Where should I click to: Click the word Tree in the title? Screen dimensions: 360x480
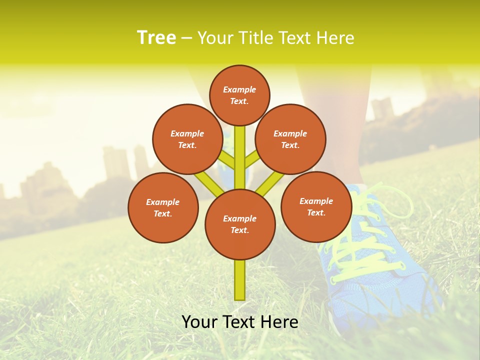[x=156, y=37]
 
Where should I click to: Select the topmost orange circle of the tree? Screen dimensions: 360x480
[x=239, y=95]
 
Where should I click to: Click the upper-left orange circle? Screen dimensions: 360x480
[x=187, y=139]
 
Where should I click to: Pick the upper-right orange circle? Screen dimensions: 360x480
[x=290, y=139]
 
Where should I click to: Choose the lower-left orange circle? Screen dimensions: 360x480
[x=163, y=207]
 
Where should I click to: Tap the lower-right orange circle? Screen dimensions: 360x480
[x=316, y=206]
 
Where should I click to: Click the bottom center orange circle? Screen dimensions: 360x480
[x=240, y=224]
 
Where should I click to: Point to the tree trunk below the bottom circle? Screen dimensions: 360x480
[x=240, y=280]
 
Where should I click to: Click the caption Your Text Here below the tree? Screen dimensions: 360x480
[x=240, y=321]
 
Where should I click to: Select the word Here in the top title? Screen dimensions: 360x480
[x=335, y=37]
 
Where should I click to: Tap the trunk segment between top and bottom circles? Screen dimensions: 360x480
[x=240, y=157]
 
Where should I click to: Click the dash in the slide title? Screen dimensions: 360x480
[x=187, y=38]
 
